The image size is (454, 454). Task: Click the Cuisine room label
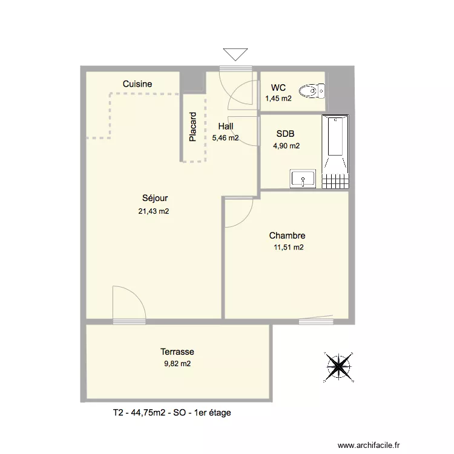[x=137, y=84]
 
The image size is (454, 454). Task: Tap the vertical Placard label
[x=192, y=127]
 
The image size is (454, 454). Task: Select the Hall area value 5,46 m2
[x=225, y=138]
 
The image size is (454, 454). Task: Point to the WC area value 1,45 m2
[x=278, y=98]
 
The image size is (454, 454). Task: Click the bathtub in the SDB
[x=336, y=144]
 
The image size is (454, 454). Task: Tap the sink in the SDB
[x=302, y=179]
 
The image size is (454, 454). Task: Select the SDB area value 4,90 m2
[x=287, y=145]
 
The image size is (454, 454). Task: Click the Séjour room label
[x=155, y=198]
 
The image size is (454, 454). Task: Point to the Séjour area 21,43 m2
[x=154, y=211]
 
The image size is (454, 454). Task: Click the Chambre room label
[x=287, y=235]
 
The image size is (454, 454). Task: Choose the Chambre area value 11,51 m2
[x=288, y=247]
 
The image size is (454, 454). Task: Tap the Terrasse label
[x=177, y=351]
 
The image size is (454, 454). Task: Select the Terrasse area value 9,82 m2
[x=177, y=364]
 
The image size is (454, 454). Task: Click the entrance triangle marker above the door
[x=235, y=54]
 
